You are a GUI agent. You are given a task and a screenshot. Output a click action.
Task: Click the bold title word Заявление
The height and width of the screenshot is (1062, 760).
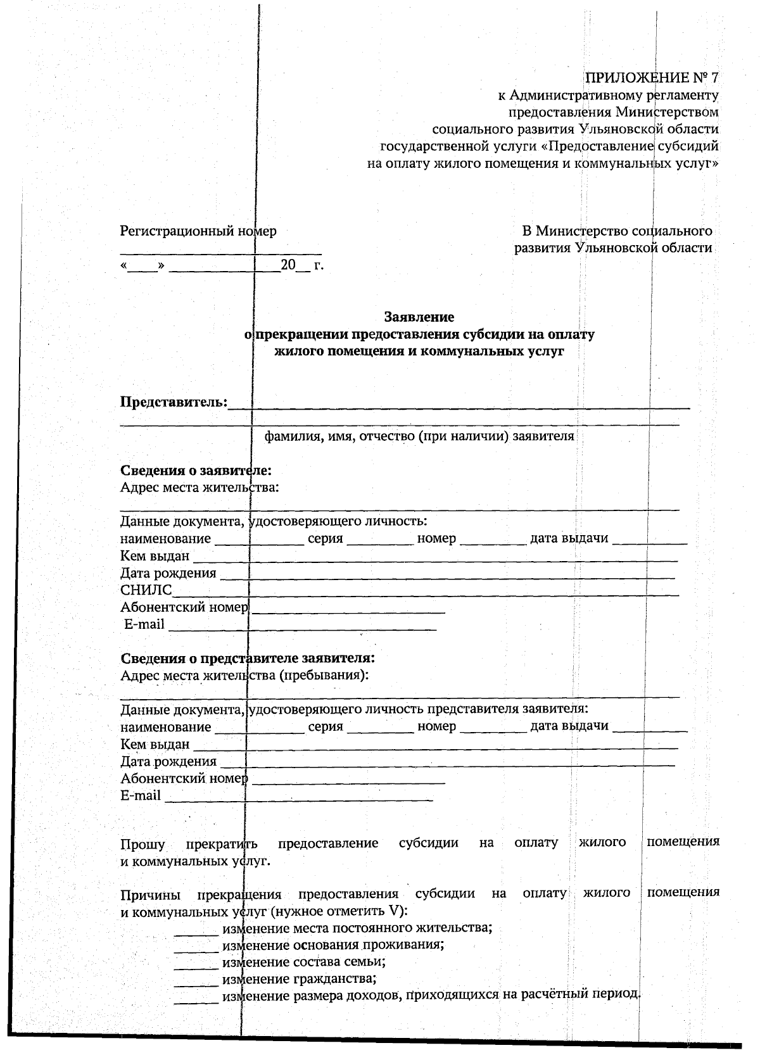(419, 316)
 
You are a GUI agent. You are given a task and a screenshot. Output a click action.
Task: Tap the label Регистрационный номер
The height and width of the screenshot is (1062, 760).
(198, 231)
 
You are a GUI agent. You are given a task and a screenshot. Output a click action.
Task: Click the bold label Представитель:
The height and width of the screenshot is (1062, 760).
(174, 402)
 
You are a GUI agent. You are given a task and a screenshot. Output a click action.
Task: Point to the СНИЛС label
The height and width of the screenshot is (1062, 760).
(146, 590)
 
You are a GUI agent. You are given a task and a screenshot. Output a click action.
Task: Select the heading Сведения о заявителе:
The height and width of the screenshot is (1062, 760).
(196, 471)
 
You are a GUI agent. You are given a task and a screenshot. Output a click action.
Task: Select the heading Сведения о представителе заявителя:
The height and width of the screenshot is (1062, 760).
(247, 657)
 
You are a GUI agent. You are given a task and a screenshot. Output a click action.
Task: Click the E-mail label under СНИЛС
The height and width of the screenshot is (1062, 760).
(144, 624)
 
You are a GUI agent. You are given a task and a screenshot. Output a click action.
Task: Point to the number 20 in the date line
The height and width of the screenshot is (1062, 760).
(288, 265)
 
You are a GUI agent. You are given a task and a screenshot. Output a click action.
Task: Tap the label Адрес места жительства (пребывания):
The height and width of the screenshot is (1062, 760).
(244, 674)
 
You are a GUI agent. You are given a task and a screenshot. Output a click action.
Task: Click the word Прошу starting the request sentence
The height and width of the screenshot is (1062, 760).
(143, 845)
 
